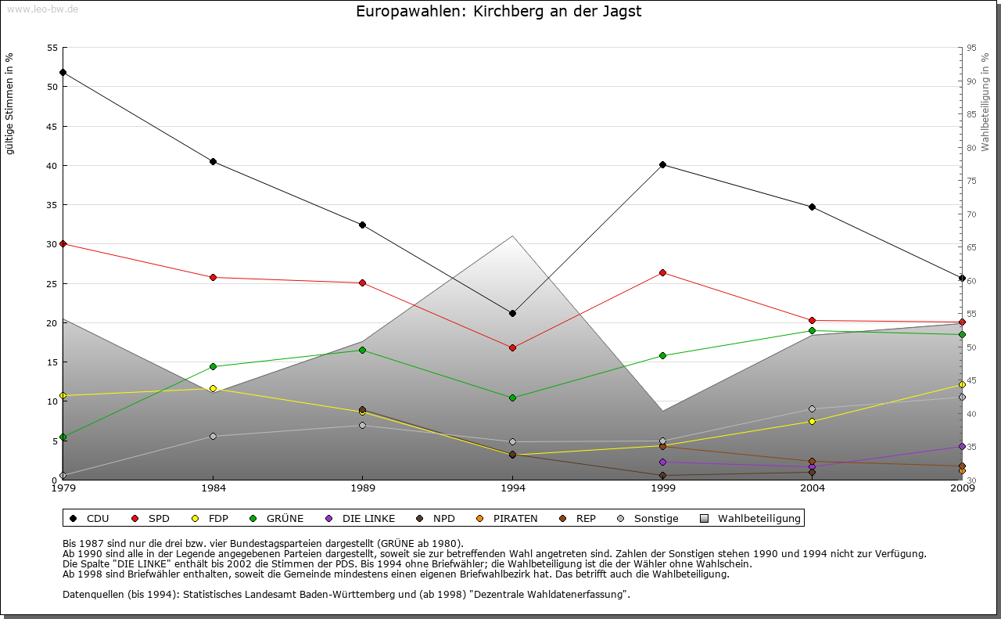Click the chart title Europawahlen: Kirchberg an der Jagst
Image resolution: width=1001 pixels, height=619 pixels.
(x=499, y=12)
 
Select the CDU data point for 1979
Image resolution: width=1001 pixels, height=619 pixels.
(x=63, y=72)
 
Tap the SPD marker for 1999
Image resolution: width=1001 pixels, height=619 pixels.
(x=662, y=272)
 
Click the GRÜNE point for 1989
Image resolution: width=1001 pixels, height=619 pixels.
(x=362, y=350)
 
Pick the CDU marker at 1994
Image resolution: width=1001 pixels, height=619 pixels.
(x=512, y=313)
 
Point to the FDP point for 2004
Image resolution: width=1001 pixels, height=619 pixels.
(x=812, y=421)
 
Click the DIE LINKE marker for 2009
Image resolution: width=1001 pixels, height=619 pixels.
(x=962, y=446)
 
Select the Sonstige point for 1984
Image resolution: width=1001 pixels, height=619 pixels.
(x=213, y=436)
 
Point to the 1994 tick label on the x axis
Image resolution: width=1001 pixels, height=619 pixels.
(x=512, y=488)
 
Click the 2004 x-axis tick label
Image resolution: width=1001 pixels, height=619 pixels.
(x=812, y=488)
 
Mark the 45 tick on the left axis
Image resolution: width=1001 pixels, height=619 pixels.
(x=52, y=126)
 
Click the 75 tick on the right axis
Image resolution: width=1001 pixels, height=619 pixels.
(x=971, y=181)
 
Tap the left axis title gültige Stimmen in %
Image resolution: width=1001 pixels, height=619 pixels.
(x=9, y=103)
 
